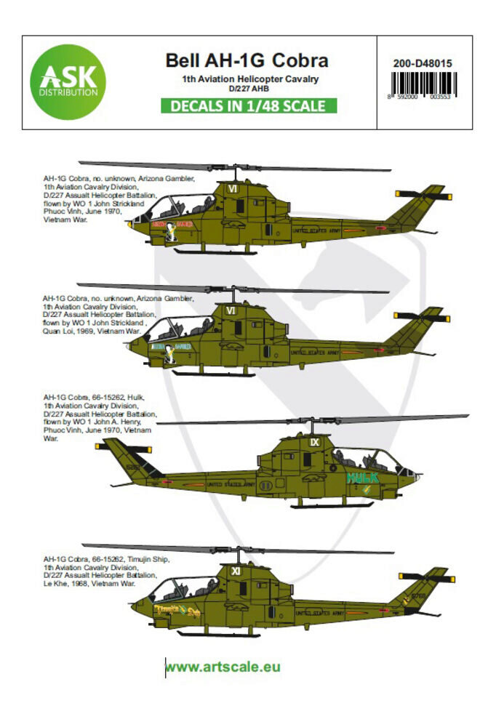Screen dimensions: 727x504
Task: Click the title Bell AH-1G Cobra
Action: coord(248,60)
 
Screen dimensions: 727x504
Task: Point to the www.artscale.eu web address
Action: coord(223,667)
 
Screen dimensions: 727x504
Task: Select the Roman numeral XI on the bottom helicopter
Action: coord(235,571)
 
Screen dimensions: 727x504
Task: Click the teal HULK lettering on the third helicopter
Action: coord(363,478)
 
